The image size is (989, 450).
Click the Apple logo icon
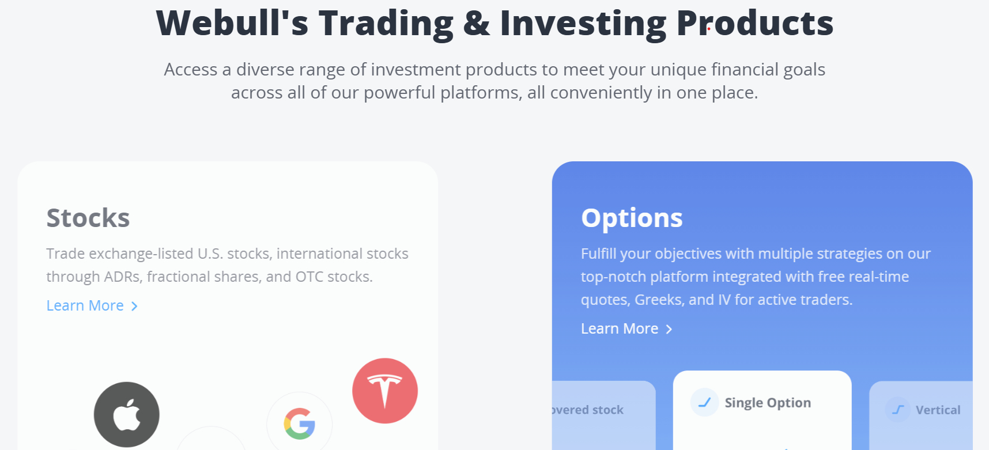click(127, 414)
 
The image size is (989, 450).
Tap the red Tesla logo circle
click(385, 391)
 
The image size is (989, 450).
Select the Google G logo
click(300, 424)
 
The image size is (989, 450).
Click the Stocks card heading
click(88, 218)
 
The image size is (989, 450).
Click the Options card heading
click(632, 218)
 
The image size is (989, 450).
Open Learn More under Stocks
click(85, 305)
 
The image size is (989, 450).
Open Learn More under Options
click(620, 328)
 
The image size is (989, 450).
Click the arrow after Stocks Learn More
click(134, 306)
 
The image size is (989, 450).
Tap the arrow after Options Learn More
click(669, 329)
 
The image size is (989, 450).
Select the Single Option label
click(768, 403)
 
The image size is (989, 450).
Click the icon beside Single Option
click(704, 402)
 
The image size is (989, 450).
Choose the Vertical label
click(938, 410)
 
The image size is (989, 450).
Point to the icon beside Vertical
click(898, 410)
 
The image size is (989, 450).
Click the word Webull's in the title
click(232, 23)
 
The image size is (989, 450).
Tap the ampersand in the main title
click(477, 24)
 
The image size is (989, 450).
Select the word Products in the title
click(755, 23)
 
